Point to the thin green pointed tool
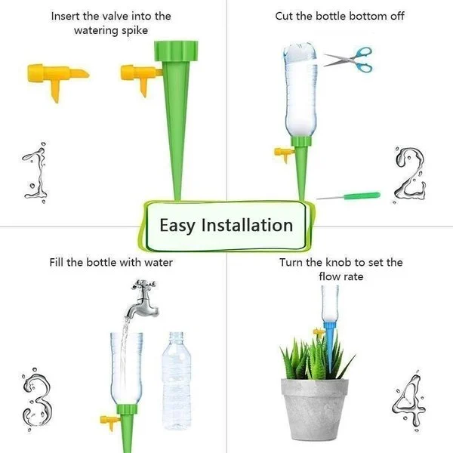[348, 197]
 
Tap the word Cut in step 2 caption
[285, 16]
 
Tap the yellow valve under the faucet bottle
[110, 419]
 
